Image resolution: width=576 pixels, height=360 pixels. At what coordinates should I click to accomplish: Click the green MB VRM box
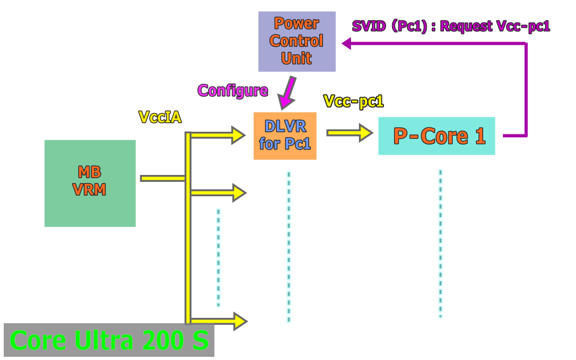pyautogui.click(x=90, y=183)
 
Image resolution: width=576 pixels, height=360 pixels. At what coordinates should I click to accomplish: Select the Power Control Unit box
pyautogui.click(x=297, y=41)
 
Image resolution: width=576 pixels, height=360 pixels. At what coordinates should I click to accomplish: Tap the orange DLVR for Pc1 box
pyautogui.click(x=285, y=135)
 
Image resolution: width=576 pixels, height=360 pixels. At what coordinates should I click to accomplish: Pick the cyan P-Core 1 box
pyautogui.click(x=436, y=136)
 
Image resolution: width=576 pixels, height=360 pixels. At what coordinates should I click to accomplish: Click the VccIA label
pyautogui.click(x=159, y=117)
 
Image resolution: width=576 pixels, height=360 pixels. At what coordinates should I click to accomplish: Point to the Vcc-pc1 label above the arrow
pyautogui.click(x=354, y=101)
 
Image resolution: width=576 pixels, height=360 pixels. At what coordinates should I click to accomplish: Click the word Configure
pyautogui.click(x=233, y=90)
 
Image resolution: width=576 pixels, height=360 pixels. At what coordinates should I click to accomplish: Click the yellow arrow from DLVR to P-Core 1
pyautogui.click(x=350, y=132)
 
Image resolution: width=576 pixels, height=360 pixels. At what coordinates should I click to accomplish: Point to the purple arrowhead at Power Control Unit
pyautogui.click(x=347, y=44)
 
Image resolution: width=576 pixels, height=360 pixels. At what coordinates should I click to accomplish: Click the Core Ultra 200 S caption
pyautogui.click(x=109, y=340)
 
